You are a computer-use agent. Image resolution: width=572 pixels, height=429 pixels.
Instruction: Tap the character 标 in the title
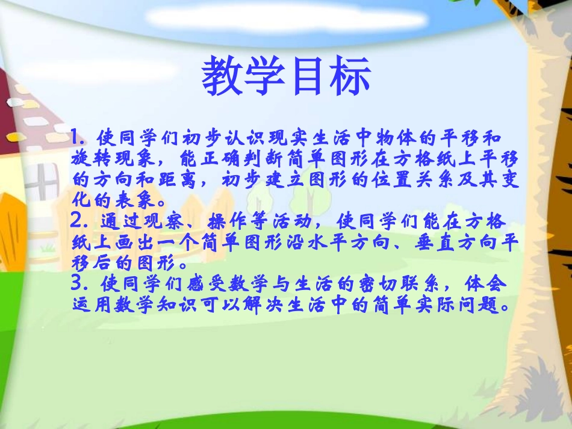(x=350, y=77)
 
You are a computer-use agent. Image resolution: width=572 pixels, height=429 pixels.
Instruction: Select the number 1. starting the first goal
(x=78, y=137)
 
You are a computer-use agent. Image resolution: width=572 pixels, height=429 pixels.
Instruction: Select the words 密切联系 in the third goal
(x=397, y=283)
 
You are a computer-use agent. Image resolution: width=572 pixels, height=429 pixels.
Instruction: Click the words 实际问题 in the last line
(x=464, y=304)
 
